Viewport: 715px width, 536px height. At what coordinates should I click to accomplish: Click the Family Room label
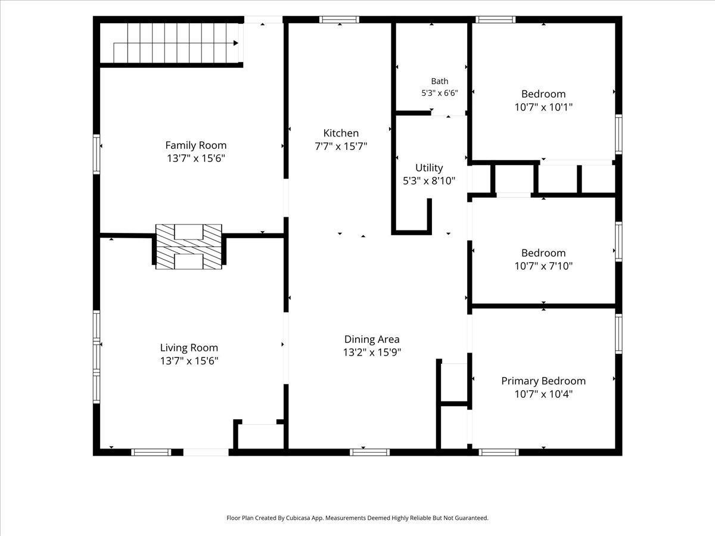196,145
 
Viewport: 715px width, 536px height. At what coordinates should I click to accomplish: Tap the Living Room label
189,348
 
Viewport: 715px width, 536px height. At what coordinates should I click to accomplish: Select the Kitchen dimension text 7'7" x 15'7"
341,147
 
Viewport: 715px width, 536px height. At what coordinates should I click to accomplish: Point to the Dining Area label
372,339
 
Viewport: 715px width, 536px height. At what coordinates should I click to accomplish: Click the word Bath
439,81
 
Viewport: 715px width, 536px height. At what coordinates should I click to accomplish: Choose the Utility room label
429,167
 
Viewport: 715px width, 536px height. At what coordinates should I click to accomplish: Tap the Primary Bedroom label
543,381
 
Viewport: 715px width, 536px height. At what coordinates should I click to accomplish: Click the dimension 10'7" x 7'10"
543,266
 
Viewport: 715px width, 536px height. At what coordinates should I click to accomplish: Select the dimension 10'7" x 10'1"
543,107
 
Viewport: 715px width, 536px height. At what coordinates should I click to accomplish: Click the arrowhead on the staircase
235,43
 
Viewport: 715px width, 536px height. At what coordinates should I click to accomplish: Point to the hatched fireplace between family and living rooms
189,247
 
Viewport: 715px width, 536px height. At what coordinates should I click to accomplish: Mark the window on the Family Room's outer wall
97,154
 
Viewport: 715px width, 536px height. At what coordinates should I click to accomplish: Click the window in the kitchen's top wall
339,20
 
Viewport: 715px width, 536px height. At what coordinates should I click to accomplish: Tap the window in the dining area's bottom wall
370,452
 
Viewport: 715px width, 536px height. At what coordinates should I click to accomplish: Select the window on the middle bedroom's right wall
618,241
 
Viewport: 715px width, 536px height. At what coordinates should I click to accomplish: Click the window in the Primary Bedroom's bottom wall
499,452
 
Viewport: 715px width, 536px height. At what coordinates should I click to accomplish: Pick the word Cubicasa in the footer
299,518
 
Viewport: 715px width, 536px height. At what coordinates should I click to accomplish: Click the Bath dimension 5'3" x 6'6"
439,93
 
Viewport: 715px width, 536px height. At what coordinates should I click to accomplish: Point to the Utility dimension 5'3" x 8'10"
429,180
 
